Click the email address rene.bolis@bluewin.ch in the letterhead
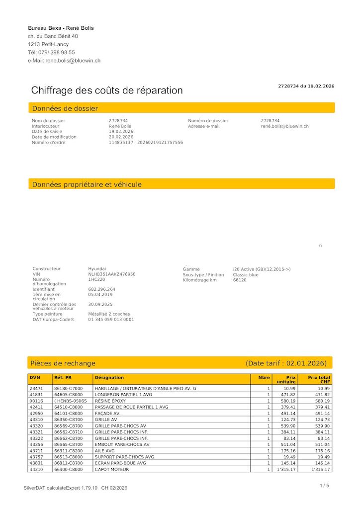(73, 61)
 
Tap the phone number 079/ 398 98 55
(57, 52)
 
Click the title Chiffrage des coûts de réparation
(107, 90)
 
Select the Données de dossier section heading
(65, 108)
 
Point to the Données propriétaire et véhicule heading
(87, 184)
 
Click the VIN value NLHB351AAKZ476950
(112, 274)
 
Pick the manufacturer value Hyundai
(97, 269)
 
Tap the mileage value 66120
(240, 280)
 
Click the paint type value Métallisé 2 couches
(109, 314)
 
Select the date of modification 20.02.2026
(121, 137)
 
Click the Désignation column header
(109, 378)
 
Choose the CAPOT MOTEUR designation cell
(112, 469)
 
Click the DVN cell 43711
(36, 451)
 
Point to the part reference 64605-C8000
(69, 395)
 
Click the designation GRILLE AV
(106, 420)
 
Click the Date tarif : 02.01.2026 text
(286, 363)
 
